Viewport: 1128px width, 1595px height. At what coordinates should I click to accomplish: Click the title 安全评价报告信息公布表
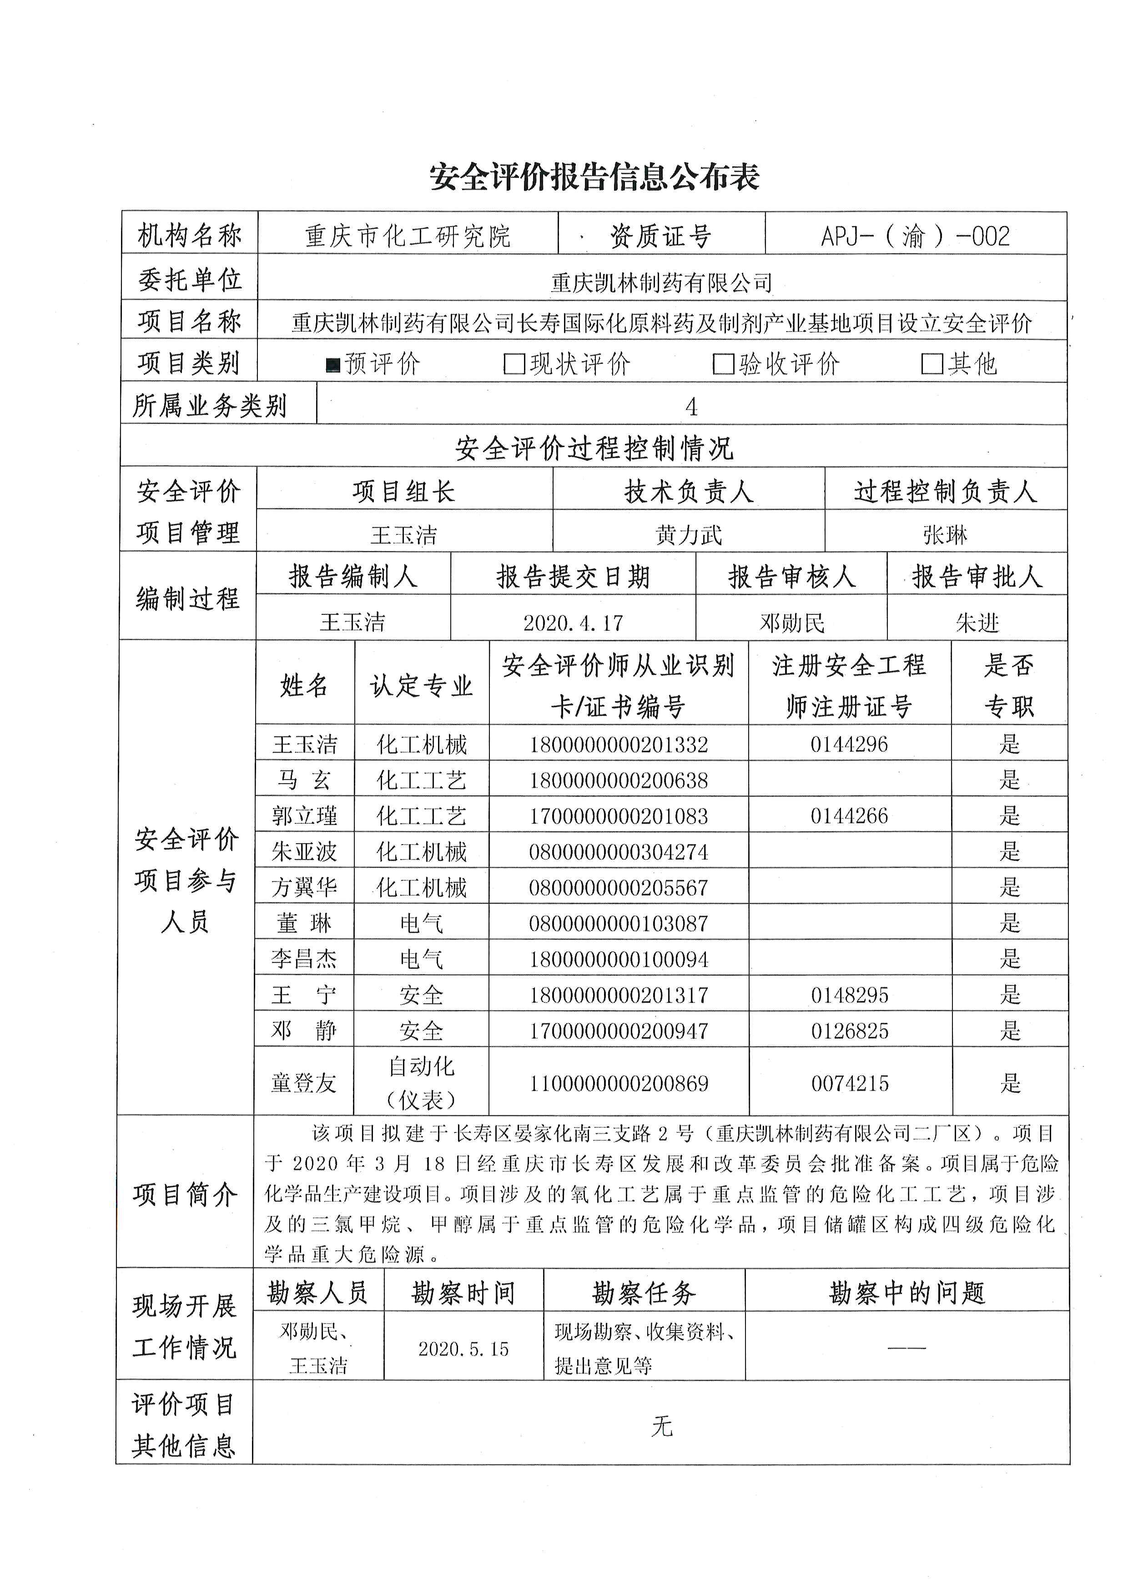pos(594,177)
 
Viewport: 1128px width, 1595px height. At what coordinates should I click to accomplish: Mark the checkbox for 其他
pos(932,364)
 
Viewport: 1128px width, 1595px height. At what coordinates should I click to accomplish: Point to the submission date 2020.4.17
pos(573,623)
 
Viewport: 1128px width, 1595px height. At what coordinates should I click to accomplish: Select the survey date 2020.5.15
pos(463,1349)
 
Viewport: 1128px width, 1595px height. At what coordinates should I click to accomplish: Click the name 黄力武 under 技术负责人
pos(688,535)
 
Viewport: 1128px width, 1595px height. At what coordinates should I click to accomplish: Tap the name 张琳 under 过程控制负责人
pos(945,535)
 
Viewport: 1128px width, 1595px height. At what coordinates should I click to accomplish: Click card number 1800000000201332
pos(618,745)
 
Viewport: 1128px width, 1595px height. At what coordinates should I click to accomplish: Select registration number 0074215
pos(850,1083)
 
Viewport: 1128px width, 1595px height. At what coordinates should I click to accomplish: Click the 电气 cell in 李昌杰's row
pos(421,959)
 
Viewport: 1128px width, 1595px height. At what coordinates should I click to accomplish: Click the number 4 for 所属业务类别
pos(691,407)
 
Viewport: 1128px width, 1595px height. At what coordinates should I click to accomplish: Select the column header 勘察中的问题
pos(906,1293)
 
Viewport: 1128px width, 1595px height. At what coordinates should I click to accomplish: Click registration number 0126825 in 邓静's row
pos(850,1031)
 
